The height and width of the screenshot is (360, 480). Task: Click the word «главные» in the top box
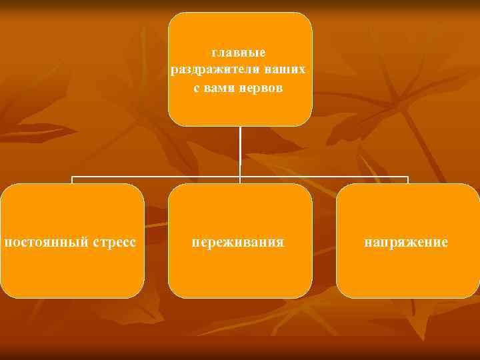click(x=239, y=52)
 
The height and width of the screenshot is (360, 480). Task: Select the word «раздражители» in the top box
click(x=205, y=69)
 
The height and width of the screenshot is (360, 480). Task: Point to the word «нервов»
click(x=263, y=88)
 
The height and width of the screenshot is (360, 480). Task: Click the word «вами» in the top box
click(x=219, y=88)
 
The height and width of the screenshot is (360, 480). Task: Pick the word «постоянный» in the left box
click(x=45, y=241)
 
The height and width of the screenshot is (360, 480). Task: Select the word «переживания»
click(x=238, y=241)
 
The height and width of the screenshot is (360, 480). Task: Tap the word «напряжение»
click(x=406, y=241)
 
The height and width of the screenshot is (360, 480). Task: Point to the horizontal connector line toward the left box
click(x=153, y=177)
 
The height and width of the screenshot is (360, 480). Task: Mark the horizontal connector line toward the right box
click(x=327, y=177)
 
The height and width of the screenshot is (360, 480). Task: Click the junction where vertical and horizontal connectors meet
click(x=240, y=177)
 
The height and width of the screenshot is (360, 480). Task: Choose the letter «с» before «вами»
click(x=197, y=88)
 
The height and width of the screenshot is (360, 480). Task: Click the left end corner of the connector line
click(x=73, y=177)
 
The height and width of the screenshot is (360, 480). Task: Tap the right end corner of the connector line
click(x=407, y=177)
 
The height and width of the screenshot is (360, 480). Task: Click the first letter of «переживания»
click(x=196, y=241)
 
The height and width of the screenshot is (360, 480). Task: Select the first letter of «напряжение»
click(x=367, y=241)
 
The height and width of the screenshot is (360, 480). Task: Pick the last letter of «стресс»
click(x=133, y=241)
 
